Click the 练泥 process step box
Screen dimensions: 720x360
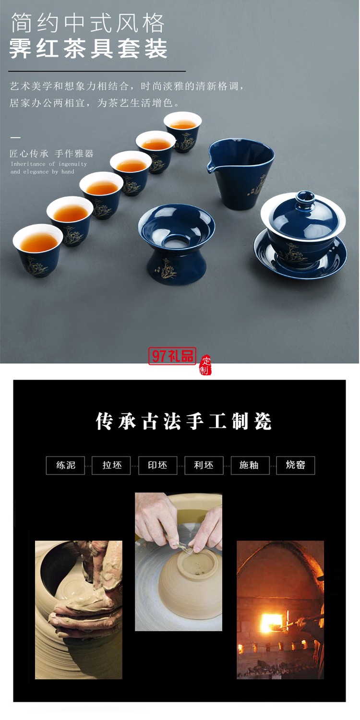(65, 465)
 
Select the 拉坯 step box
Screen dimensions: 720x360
(111, 465)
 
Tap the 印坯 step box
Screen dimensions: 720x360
(157, 465)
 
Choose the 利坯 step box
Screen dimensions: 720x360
(204, 465)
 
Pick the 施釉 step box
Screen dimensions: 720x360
(250, 465)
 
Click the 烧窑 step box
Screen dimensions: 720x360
(296, 465)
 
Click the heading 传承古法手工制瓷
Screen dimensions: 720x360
(184, 421)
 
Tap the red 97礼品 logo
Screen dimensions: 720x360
(172, 356)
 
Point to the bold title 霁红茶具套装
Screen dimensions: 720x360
(89, 48)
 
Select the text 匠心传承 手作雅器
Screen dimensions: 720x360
(52, 154)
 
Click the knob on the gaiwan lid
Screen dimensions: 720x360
(304, 198)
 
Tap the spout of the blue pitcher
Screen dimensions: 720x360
(210, 168)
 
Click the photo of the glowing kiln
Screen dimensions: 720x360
(280, 609)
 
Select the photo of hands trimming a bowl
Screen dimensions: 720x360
(179, 561)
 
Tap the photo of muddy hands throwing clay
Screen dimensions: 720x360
(79, 609)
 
